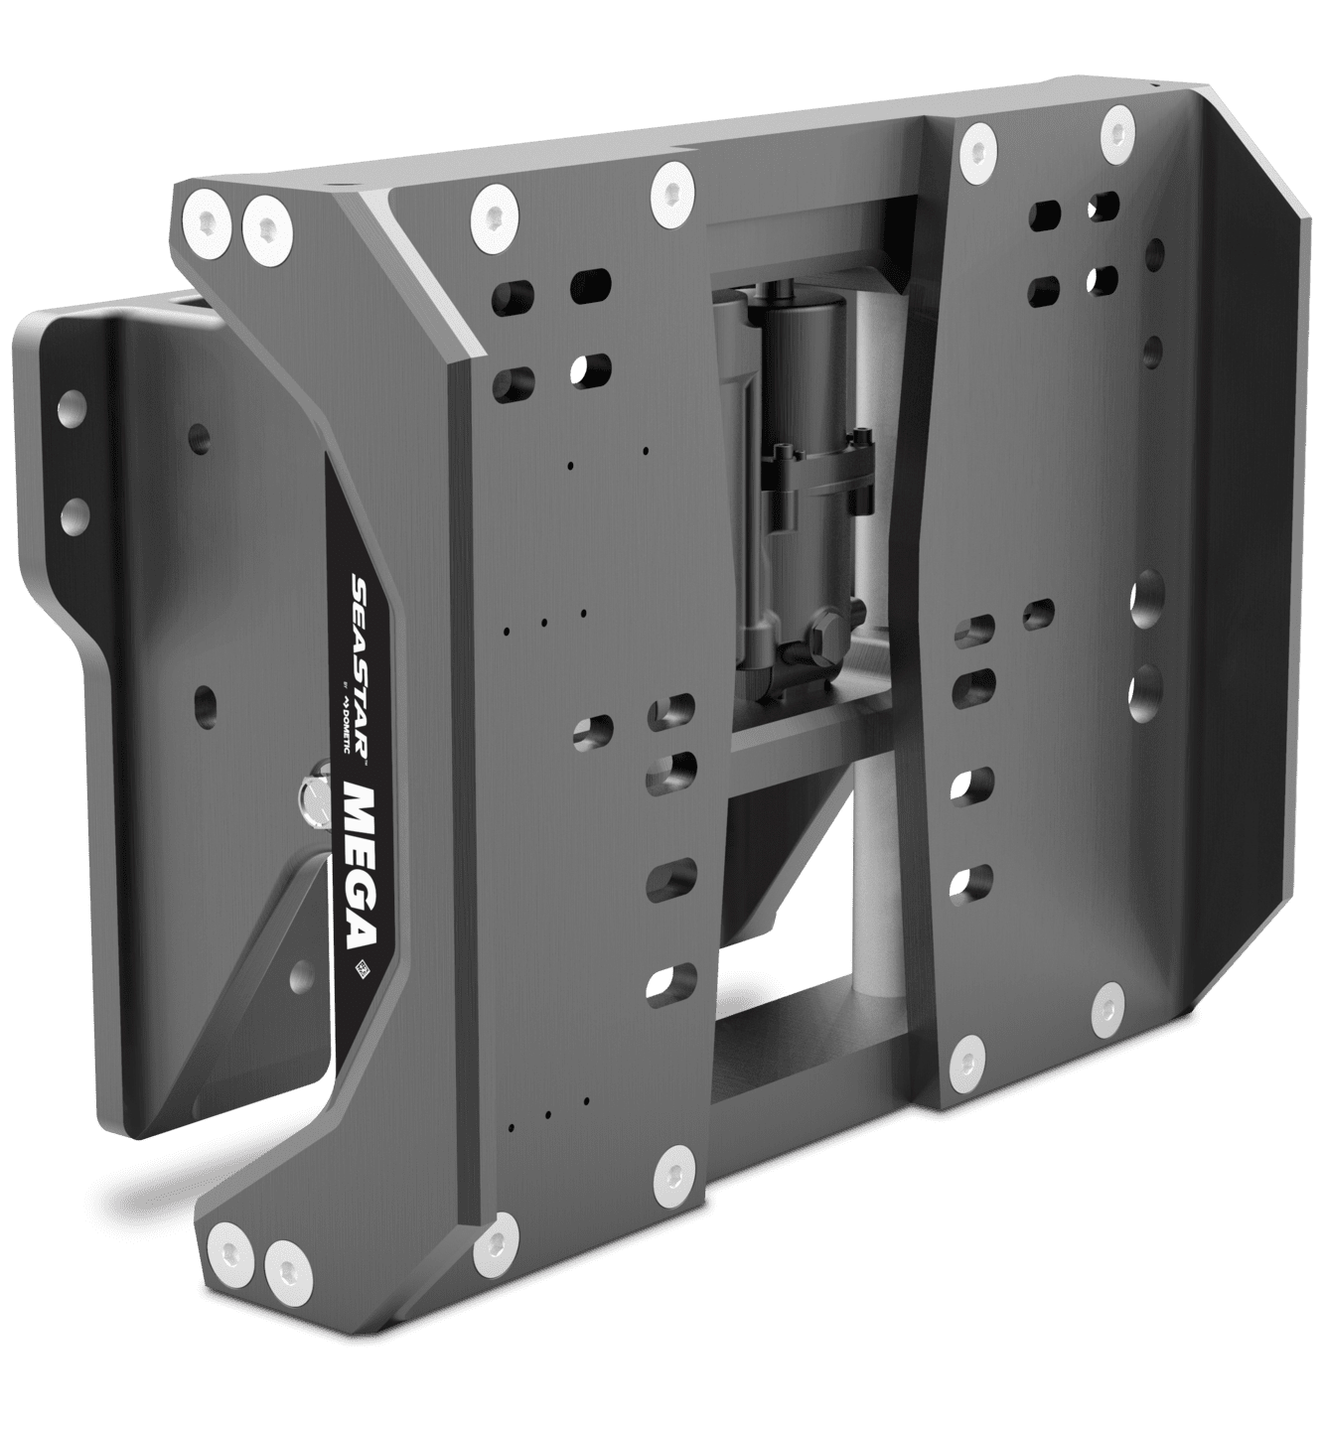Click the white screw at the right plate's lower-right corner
coord(1103,1012)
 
